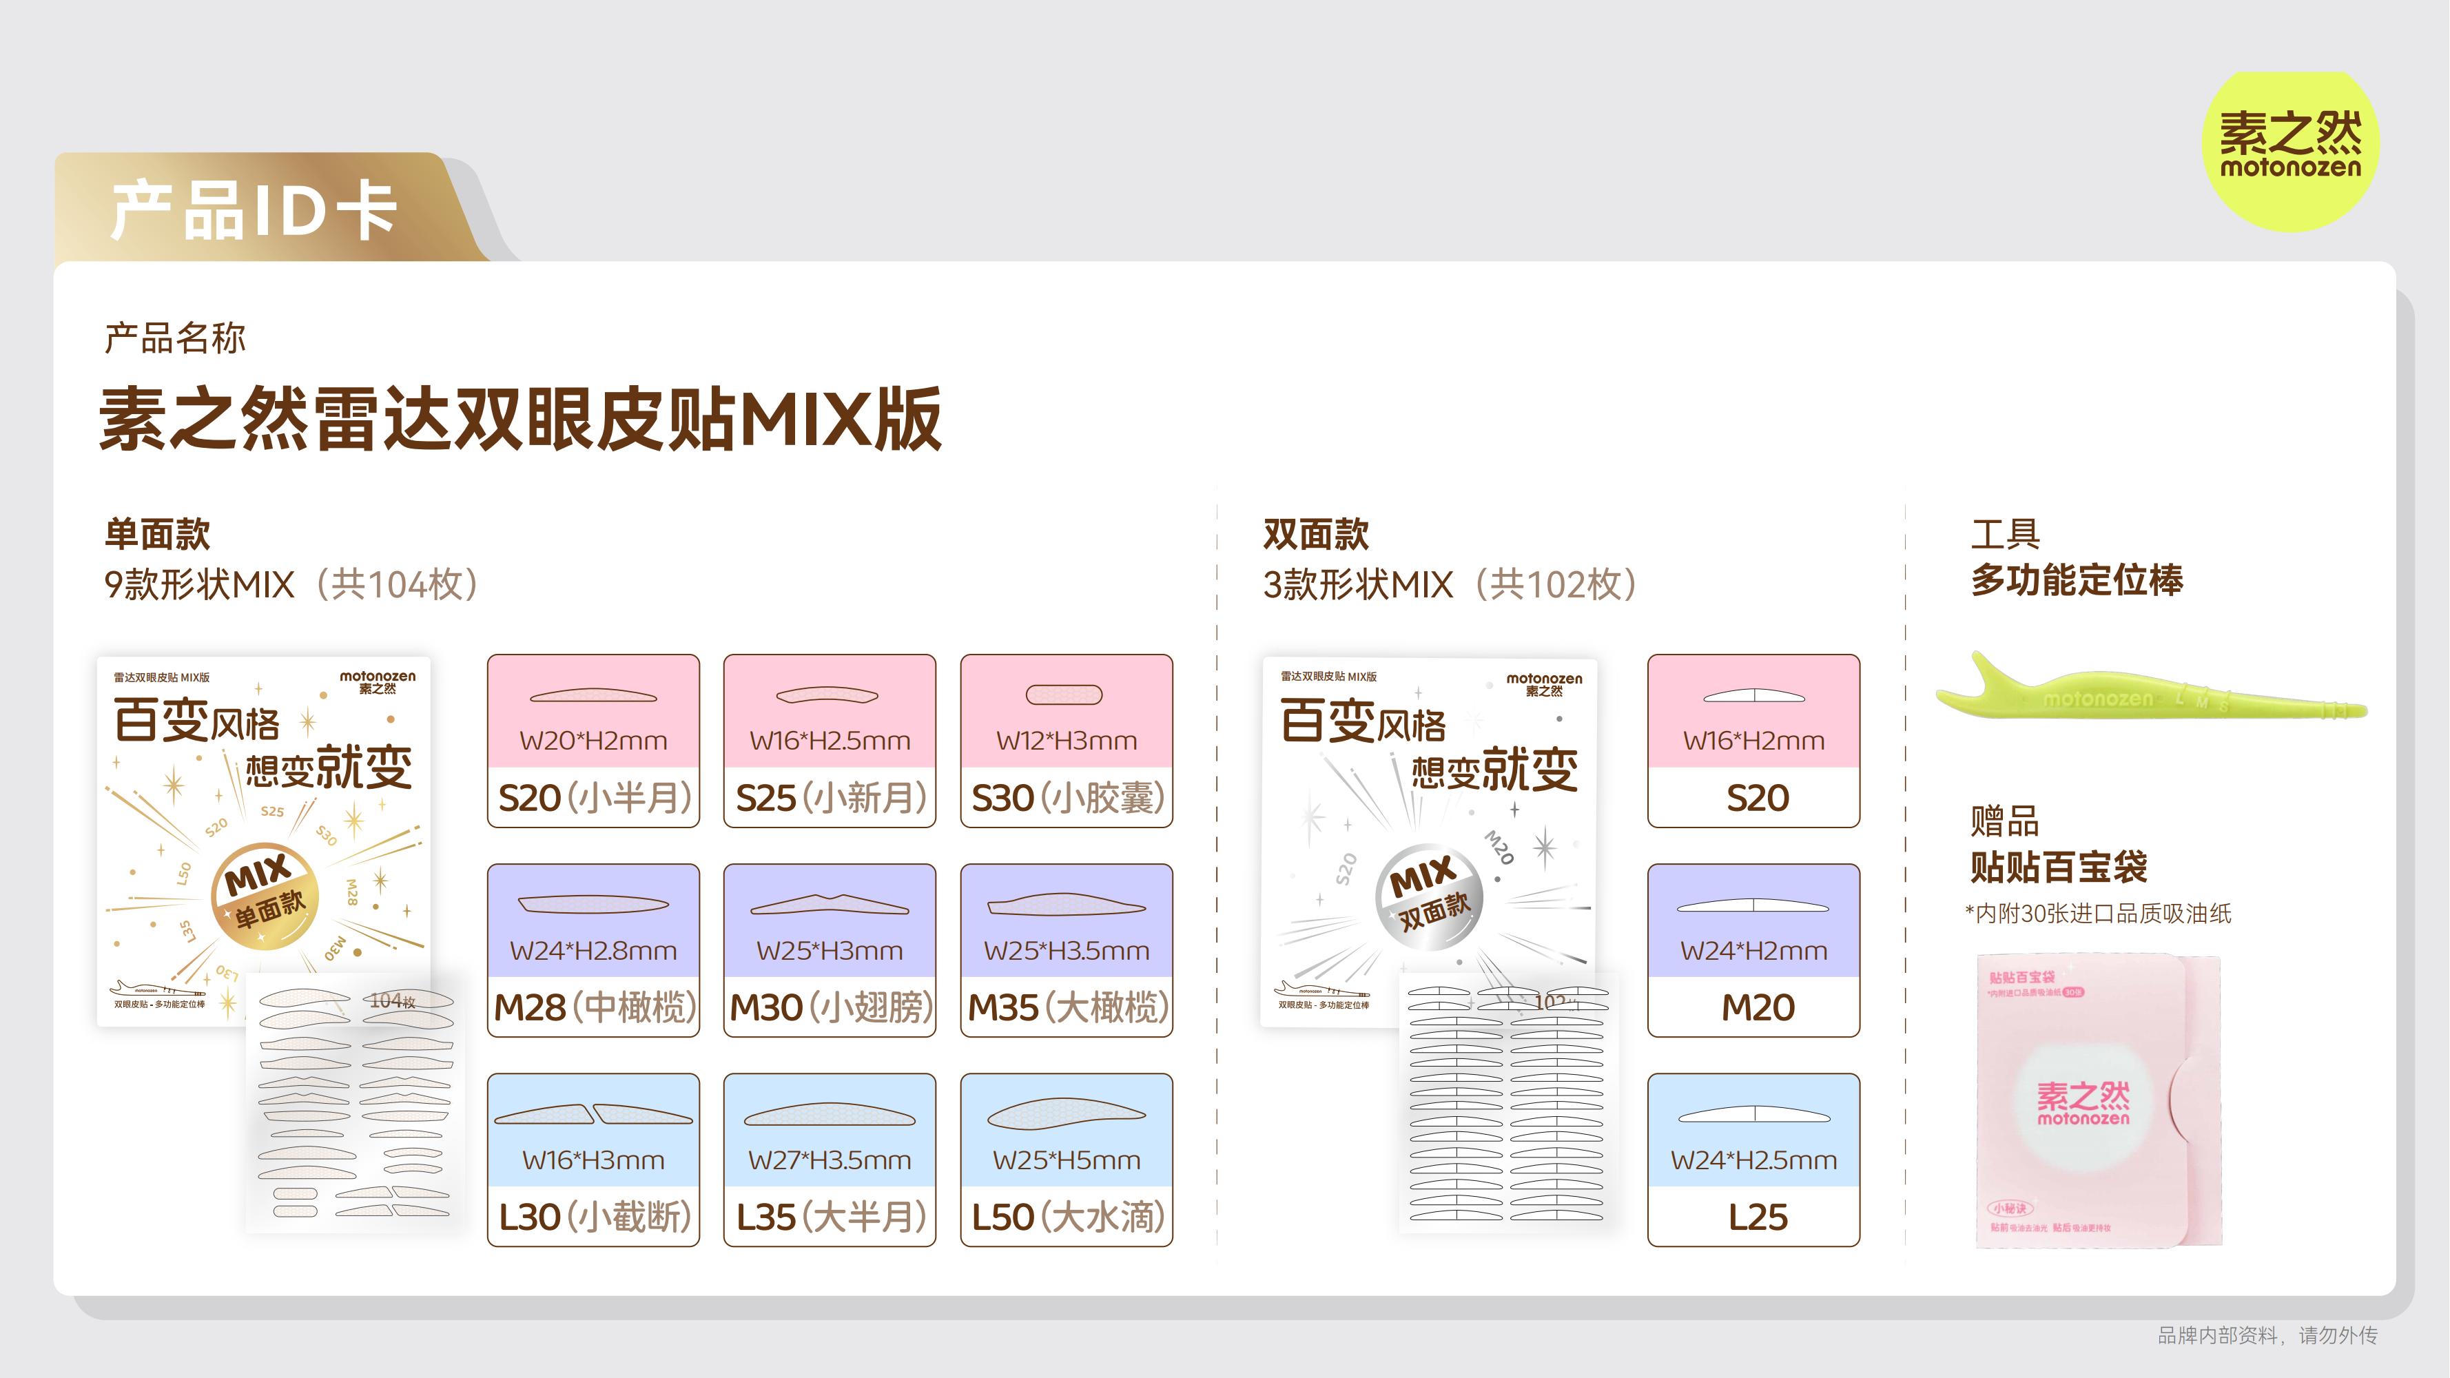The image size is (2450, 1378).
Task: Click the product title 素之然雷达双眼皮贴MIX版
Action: tap(520, 418)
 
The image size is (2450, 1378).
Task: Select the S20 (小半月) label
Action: tap(593, 797)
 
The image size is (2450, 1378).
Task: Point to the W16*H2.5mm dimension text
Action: tap(830, 740)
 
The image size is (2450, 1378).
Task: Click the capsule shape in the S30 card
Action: tap(1064, 695)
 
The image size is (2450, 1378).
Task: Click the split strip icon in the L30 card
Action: tap(593, 1113)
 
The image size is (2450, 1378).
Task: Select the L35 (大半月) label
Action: tap(830, 1216)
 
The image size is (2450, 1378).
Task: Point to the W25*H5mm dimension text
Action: tap(1066, 1160)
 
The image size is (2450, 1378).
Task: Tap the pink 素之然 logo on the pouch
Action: tap(2083, 1103)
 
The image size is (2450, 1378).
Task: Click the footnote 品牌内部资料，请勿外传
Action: tap(2267, 1335)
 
